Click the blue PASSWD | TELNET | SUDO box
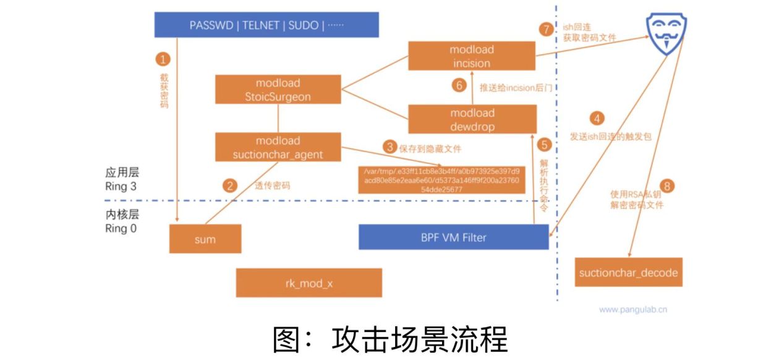266,25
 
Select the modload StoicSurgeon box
278,90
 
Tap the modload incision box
471,56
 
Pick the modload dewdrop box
472,119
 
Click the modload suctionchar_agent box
278,148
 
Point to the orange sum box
205,239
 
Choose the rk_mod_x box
309,283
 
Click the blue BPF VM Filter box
453,237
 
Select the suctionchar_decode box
628,273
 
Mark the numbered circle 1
163,59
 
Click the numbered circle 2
230,185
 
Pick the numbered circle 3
389,147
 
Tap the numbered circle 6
459,86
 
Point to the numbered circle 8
666,186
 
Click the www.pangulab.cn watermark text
633,309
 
